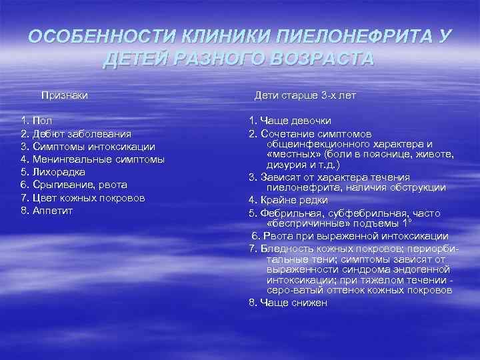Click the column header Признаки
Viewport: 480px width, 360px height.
[65, 96]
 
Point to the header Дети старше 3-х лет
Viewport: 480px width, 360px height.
[305, 96]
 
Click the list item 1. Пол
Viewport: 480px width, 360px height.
[37, 121]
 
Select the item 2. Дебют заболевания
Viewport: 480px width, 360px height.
[71, 134]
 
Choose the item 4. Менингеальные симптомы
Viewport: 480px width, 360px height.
[93, 159]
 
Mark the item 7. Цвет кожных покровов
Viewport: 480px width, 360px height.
[83, 198]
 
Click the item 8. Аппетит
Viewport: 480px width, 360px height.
[47, 211]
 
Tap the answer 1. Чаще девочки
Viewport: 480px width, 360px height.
[290, 121]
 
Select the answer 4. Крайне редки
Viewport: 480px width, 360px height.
[288, 200]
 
